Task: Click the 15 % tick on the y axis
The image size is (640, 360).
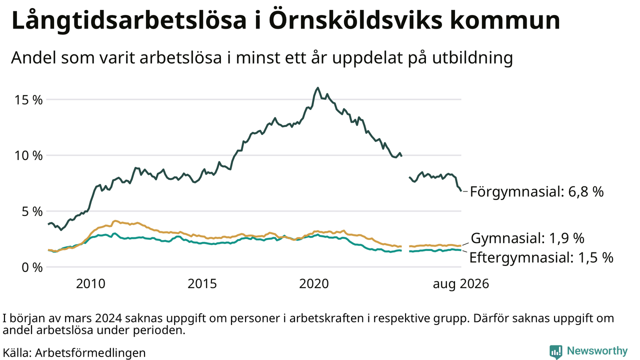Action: coord(28,100)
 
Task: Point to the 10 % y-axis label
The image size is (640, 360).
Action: coord(28,155)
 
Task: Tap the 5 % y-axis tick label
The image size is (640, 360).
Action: coord(32,211)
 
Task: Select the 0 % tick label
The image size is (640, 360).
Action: coord(32,267)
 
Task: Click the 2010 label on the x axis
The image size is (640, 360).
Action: coord(90,283)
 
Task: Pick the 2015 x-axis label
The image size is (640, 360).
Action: coord(202,283)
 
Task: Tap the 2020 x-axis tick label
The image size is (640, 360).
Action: coord(313,283)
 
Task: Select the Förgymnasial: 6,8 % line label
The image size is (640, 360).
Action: coord(537,191)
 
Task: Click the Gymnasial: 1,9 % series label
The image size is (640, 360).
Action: coord(527,238)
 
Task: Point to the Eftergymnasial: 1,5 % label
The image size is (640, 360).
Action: coord(541,257)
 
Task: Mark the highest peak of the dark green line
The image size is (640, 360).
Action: coord(317,88)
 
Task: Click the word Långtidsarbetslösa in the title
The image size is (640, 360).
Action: coord(129,20)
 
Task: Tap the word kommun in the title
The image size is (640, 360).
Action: coord(505,20)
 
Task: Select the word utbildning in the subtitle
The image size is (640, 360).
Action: coord(472,58)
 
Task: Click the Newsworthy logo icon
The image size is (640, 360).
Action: coord(555,351)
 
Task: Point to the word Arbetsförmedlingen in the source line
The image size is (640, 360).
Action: coord(90,353)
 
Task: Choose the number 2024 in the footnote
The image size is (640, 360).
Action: coord(108,318)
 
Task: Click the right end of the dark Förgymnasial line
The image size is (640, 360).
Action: coord(461,191)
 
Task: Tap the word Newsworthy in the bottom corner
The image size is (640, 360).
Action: coord(597,351)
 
